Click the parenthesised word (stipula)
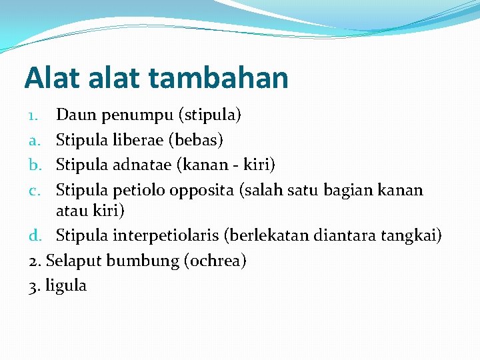[210, 116]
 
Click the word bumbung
[139, 261]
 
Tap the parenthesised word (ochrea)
[214, 261]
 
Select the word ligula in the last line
[66, 286]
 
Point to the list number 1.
[33, 116]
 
